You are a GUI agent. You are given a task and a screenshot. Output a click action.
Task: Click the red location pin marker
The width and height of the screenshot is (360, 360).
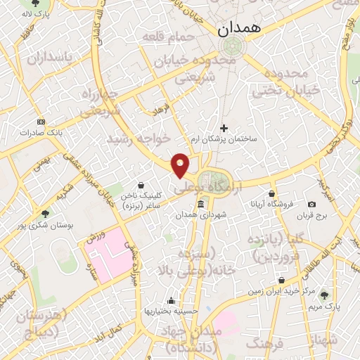tap(181, 165)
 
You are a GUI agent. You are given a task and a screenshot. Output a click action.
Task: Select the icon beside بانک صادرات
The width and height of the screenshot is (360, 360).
tap(40, 121)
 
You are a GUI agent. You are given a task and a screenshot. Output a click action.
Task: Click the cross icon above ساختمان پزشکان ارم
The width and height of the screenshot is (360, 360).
tap(224, 128)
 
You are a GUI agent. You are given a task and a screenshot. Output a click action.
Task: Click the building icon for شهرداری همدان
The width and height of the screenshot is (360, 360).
tap(201, 204)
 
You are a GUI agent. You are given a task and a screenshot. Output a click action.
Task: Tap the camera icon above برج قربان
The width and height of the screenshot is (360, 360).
tap(311, 205)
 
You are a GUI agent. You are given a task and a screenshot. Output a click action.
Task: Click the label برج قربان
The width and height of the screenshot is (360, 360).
tap(311, 214)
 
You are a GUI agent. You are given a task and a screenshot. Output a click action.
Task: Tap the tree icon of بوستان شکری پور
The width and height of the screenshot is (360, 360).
tap(45, 214)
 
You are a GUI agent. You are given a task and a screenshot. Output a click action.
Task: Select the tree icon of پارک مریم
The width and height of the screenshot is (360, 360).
tap(324, 296)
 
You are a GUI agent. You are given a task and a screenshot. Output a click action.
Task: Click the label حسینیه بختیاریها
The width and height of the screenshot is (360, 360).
tap(172, 310)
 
